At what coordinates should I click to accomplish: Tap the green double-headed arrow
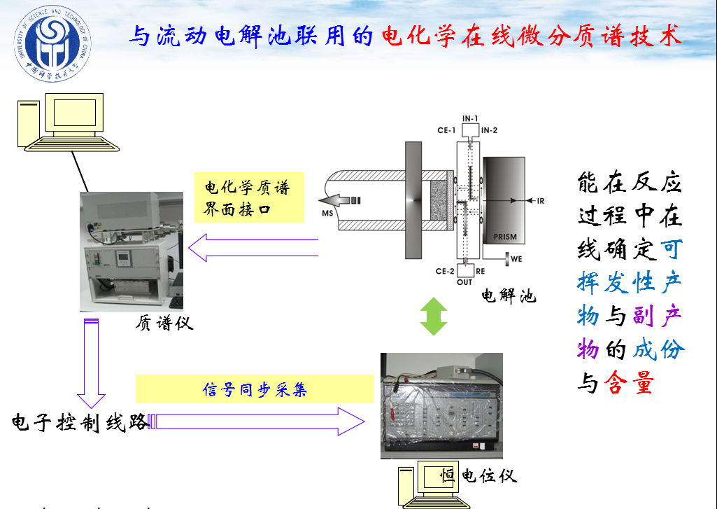pos(434,316)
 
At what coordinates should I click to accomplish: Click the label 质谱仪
pos(164,323)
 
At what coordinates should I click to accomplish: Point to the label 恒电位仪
pos(478,475)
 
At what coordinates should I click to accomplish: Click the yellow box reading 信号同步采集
pos(255,389)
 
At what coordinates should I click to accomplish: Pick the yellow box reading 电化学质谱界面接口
pos(249,197)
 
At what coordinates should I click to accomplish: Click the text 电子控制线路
pos(79,422)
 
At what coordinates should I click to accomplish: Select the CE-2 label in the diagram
pos(446,271)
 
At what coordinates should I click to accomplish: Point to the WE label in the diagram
pos(516,259)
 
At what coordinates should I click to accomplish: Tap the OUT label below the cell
pos(465,282)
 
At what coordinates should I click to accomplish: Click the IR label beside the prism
pos(540,201)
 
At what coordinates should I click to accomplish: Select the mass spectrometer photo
pos(132,251)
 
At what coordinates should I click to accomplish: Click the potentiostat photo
pos(441,405)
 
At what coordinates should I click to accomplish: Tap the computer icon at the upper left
pos(66,122)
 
